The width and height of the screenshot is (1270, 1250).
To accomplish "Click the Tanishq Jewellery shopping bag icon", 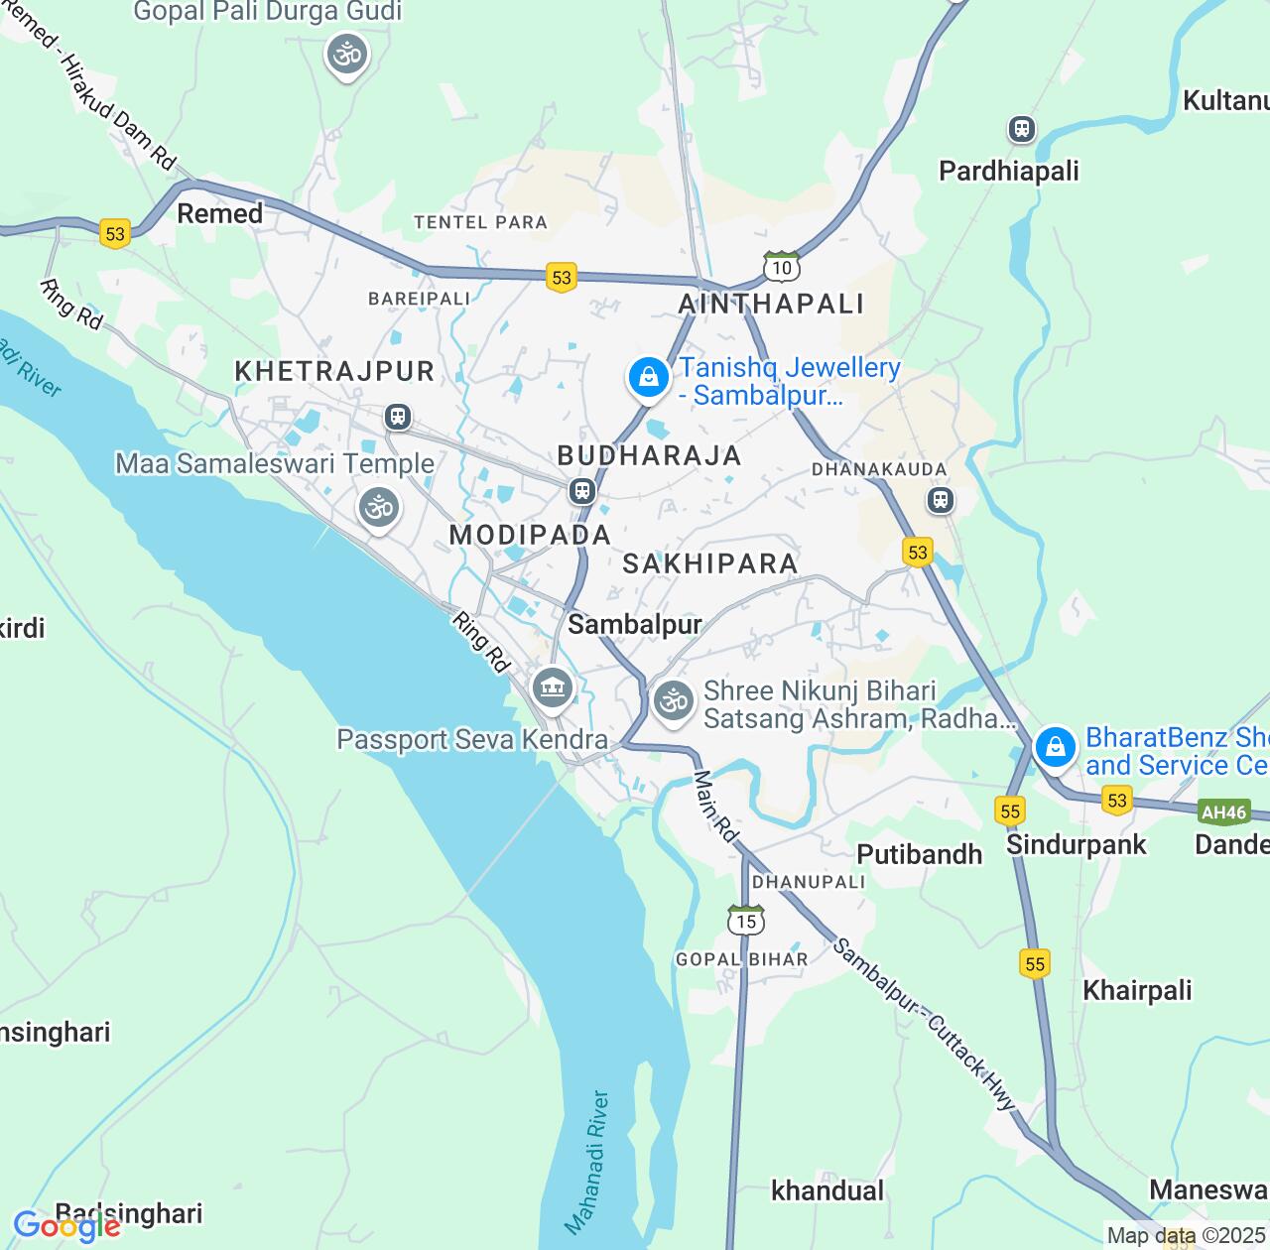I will pyautogui.click(x=648, y=378).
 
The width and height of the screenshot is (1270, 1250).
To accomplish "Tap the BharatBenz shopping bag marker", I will pyautogui.click(x=1055, y=746).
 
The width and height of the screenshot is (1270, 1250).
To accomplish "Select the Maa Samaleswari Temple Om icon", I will pyautogui.click(x=378, y=508).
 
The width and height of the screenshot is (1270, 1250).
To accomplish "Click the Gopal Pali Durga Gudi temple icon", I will pyautogui.click(x=347, y=55).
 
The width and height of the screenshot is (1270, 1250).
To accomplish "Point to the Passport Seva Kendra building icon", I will pyautogui.click(x=552, y=687).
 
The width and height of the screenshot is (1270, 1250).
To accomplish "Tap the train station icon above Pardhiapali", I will pyautogui.click(x=1021, y=129).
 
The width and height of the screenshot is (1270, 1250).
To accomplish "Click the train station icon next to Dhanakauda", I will pyautogui.click(x=941, y=500).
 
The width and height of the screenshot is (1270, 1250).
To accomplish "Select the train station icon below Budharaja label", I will pyautogui.click(x=582, y=491).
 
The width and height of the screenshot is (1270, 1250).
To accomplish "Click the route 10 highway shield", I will pyautogui.click(x=782, y=266).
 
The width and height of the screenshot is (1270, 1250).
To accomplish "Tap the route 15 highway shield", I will pyautogui.click(x=746, y=920).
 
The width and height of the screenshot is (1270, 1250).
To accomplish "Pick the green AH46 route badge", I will pyautogui.click(x=1222, y=812).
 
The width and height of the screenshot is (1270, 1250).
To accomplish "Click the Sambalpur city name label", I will pyautogui.click(x=635, y=624).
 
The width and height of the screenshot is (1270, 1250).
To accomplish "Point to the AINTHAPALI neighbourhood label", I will pyautogui.click(x=771, y=304).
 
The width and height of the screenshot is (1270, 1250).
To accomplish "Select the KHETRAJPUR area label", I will pyautogui.click(x=334, y=371).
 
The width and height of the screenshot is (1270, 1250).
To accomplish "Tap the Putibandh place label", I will pyautogui.click(x=919, y=854).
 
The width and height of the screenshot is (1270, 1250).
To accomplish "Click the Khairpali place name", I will pyautogui.click(x=1137, y=990).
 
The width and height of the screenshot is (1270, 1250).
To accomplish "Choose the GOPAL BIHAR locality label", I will pyautogui.click(x=741, y=959).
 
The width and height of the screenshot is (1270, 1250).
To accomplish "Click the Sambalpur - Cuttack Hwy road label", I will pyautogui.click(x=924, y=1024).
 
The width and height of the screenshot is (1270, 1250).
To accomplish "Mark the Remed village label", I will pyautogui.click(x=219, y=213).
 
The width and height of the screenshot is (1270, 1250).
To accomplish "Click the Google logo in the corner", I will pyautogui.click(x=66, y=1226).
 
